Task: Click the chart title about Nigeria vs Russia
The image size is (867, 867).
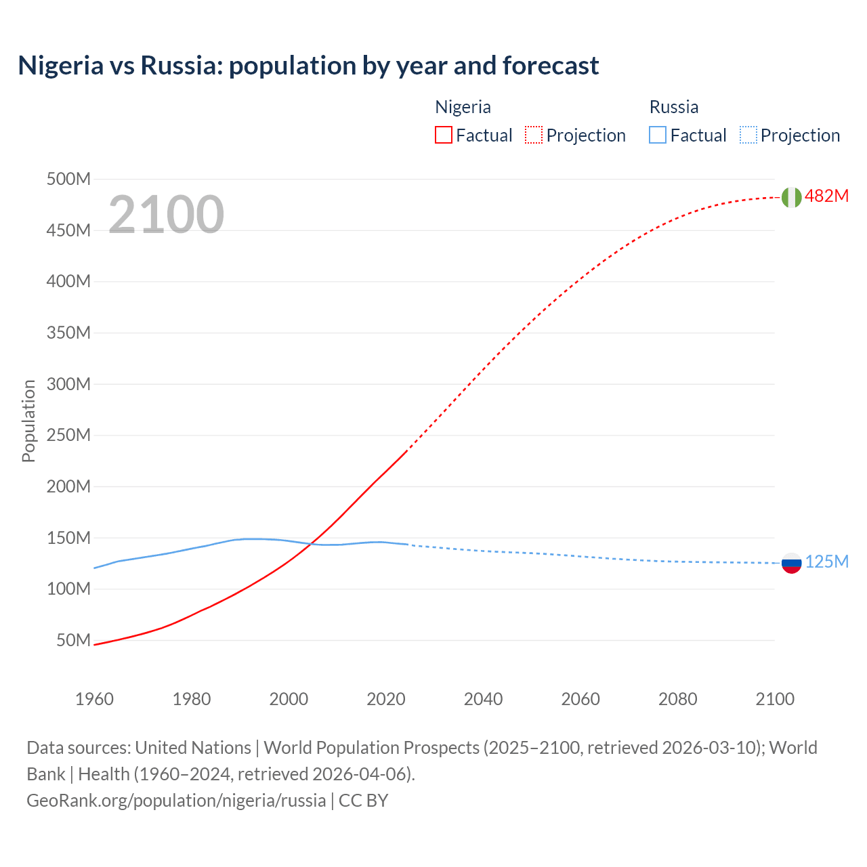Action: point(308,66)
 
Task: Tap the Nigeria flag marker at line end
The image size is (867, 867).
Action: point(791,197)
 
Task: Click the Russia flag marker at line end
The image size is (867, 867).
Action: point(791,563)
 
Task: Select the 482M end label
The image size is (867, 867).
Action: point(826,196)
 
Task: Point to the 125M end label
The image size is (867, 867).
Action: point(826,562)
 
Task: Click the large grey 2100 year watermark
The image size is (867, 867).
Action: point(166,214)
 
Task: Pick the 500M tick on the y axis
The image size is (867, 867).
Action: point(68,179)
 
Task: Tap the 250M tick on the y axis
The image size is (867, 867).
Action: point(68,435)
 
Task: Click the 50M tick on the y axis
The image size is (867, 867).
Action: point(73,640)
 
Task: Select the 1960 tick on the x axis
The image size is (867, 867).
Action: point(94,699)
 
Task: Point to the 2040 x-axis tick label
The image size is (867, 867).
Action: point(483,699)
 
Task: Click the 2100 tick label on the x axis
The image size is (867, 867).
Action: point(775,699)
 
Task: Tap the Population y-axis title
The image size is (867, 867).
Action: point(28,421)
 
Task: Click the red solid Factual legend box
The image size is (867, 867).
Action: point(443,135)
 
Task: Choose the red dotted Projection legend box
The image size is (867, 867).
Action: point(534,135)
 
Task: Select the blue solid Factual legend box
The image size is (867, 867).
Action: point(658,135)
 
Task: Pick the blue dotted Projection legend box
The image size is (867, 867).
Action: point(748,135)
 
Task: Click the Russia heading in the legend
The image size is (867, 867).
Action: point(673,107)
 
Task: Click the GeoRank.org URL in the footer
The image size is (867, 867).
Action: point(176,801)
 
